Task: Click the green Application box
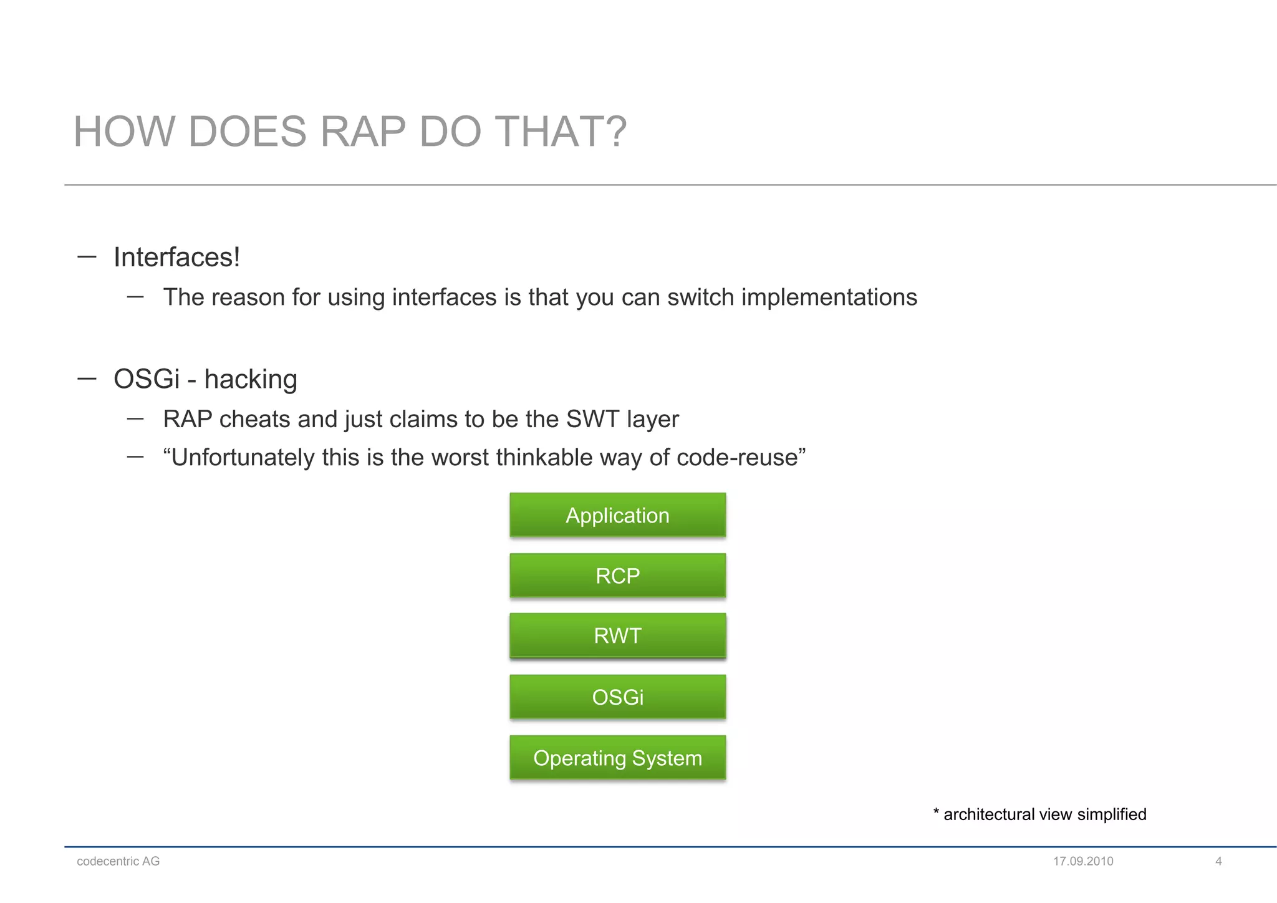pos(617,515)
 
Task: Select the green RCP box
pos(617,575)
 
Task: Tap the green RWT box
pos(617,635)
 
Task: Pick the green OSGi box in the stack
pos(617,697)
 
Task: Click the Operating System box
pos(617,758)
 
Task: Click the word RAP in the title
pos(362,132)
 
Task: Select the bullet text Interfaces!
pos(176,258)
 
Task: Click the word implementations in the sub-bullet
pos(829,297)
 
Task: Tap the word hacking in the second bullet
pos(251,379)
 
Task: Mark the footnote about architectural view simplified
pos(1039,814)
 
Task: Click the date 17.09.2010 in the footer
pos(1083,861)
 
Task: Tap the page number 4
pos(1218,861)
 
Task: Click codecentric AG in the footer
pos(118,861)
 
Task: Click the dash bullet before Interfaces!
pos(87,256)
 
